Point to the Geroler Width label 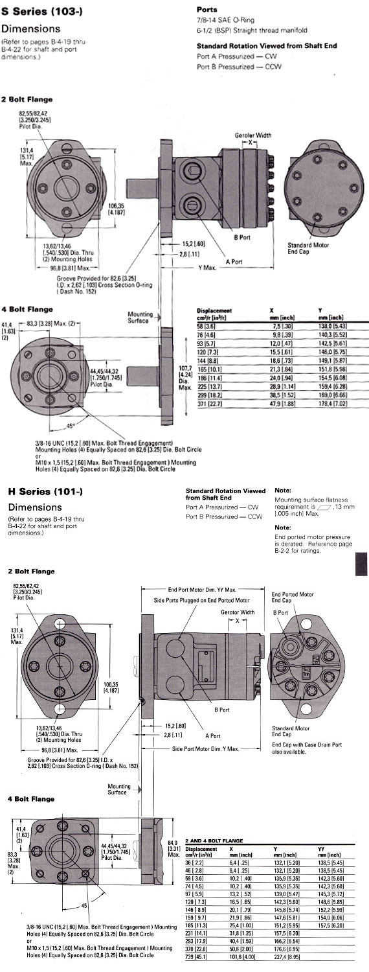[253, 135]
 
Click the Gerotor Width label [239, 612]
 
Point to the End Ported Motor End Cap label [293, 597]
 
